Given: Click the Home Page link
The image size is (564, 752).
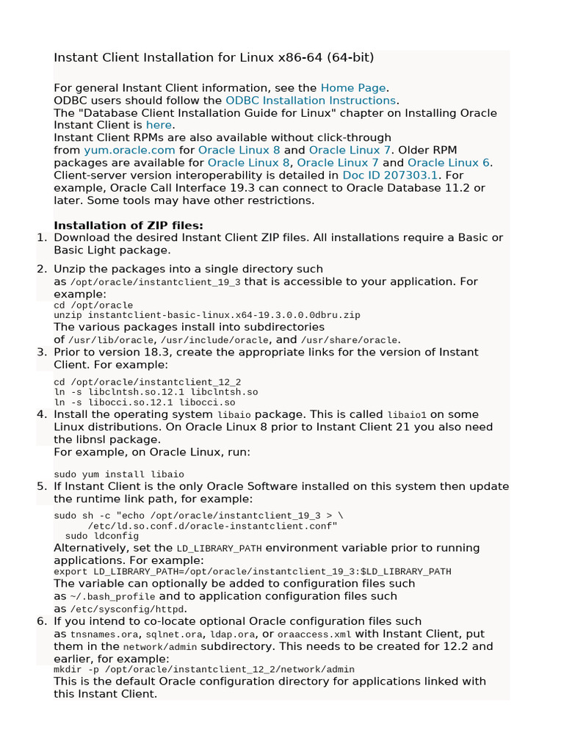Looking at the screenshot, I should [x=353, y=87].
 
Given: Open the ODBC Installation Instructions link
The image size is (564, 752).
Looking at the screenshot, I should [x=311, y=100].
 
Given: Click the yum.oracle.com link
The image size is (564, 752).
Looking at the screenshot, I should [x=129, y=150].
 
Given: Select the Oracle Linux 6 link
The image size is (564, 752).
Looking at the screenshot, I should [x=449, y=162].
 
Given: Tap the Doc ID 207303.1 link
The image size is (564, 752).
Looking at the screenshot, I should [x=390, y=176].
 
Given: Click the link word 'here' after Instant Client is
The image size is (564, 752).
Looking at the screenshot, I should [x=159, y=125].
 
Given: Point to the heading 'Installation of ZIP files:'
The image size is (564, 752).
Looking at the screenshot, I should [x=129, y=225].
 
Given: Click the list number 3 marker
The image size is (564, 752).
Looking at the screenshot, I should [x=42, y=352].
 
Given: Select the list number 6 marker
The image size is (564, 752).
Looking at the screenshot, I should [x=42, y=621].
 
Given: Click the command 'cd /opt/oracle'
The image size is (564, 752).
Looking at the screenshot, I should [x=93, y=305].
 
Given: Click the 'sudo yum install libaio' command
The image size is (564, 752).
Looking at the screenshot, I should [x=119, y=474].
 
